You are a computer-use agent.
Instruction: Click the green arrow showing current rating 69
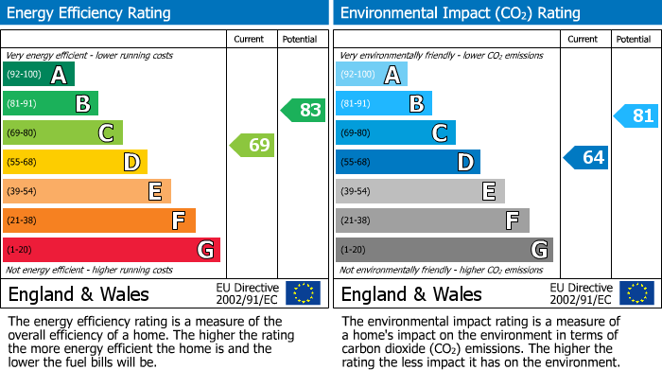click(252, 146)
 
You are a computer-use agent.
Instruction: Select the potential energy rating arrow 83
click(303, 110)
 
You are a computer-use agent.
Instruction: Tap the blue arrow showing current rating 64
click(585, 157)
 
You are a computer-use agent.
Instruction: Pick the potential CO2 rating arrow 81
click(636, 116)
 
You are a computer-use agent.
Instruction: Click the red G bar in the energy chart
click(112, 250)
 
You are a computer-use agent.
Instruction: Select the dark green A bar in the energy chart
click(39, 75)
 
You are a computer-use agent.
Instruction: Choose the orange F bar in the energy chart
click(99, 220)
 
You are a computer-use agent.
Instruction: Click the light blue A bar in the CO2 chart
click(372, 75)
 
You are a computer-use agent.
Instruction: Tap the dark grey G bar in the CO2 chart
click(444, 250)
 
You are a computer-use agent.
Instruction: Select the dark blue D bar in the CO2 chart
click(408, 163)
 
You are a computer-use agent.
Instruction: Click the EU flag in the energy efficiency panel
click(303, 292)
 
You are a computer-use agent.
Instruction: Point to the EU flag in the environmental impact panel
click(636, 292)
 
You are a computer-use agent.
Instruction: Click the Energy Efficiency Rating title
click(90, 13)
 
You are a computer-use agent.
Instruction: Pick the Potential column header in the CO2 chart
click(634, 39)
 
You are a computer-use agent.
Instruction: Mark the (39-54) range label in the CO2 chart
click(357, 192)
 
